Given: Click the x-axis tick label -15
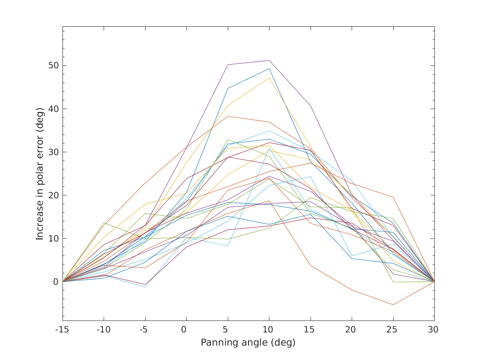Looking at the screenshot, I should (x=63, y=330).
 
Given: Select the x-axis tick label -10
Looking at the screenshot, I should (x=104, y=330).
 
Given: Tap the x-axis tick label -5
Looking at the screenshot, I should (x=145, y=330).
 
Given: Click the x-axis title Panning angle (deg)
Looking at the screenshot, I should (x=248, y=342).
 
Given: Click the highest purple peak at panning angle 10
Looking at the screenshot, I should (x=269, y=60).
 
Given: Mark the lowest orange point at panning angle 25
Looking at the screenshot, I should (x=393, y=305).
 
